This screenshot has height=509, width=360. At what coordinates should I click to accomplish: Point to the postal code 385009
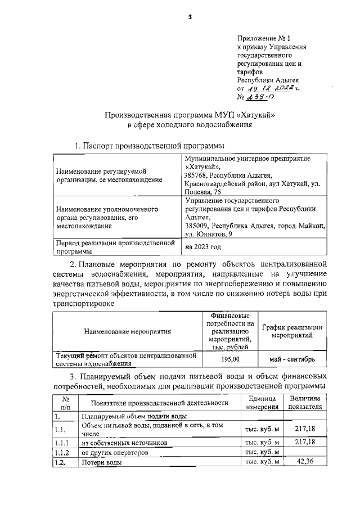click(x=198, y=225)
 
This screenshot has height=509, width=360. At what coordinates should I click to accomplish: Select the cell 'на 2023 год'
click(x=203, y=247)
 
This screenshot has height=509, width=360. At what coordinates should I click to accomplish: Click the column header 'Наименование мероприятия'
click(x=127, y=332)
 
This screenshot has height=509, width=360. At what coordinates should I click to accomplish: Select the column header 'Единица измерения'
click(x=262, y=403)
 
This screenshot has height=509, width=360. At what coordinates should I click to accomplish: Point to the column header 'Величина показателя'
click(x=305, y=403)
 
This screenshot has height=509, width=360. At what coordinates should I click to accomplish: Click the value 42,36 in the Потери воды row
click(x=305, y=462)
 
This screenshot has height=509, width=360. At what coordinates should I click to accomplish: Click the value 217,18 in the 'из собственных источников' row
click(x=305, y=442)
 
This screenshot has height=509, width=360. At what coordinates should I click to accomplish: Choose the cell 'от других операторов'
click(x=115, y=452)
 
